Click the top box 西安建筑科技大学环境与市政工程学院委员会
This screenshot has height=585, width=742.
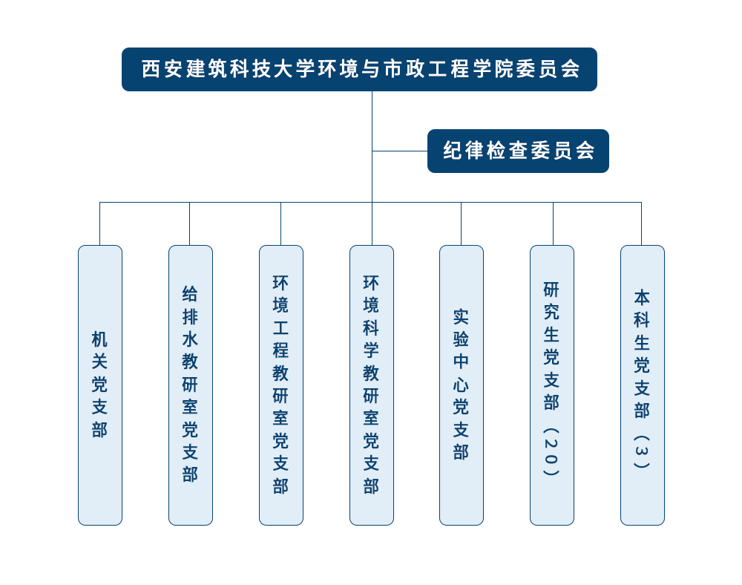360,69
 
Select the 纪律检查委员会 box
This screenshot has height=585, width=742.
518,151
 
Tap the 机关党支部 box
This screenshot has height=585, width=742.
100,385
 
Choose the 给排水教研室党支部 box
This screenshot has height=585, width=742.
191,385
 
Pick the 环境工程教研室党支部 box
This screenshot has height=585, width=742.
281,385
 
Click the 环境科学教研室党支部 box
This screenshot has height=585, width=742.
372,385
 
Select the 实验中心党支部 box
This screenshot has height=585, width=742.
462,385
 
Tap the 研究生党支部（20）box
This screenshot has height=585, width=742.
552,385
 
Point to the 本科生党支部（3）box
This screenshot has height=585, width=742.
643,385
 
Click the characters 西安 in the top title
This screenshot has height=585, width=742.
161,69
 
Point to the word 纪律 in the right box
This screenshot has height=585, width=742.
464,151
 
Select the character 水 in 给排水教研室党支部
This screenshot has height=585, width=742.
191,339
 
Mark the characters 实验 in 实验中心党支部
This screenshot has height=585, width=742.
462,327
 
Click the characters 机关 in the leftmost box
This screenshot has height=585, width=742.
100,350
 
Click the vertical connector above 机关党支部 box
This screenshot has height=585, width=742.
100,223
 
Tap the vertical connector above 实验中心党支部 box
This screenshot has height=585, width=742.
462,223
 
